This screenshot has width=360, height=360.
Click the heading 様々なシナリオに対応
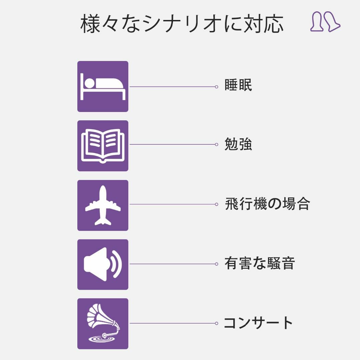pyautogui.click(x=182, y=24)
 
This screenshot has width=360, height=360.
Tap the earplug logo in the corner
pyautogui.click(x=325, y=21)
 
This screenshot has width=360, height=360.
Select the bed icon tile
pyautogui.click(x=103, y=86)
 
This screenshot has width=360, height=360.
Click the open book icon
pyautogui.click(x=103, y=146)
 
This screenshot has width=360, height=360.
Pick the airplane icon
pyautogui.click(x=103, y=205)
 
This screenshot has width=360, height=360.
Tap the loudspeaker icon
pyautogui.click(x=103, y=264)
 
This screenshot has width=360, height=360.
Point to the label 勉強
pyautogui.click(x=238, y=144)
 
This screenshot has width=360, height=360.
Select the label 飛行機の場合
pyautogui.click(x=267, y=204)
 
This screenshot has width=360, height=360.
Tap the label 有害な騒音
pyautogui.click(x=259, y=263)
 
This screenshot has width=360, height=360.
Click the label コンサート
pyautogui.click(x=258, y=323)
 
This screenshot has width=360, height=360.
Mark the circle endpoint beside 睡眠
pyautogui.click(x=216, y=87)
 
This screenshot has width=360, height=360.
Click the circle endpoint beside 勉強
pyautogui.click(x=216, y=144)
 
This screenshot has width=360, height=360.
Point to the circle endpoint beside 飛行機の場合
pyautogui.click(x=216, y=204)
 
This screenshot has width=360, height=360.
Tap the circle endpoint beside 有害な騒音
pyautogui.click(x=216, y=264)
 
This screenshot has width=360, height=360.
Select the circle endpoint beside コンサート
pyautogui.click(x=216, y=323)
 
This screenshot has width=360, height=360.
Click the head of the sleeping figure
pyautogui.click(x=89, y=83)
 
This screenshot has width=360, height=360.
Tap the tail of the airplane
pyautogui.click(x=103, y=221)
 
